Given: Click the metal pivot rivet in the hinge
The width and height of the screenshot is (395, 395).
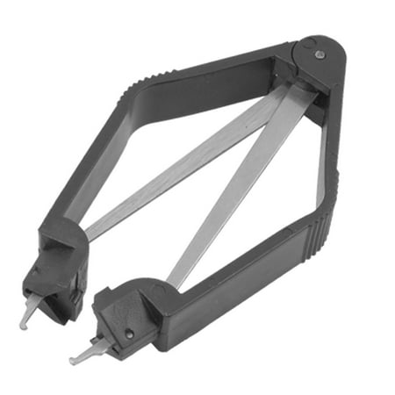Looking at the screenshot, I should (x=320, y=55).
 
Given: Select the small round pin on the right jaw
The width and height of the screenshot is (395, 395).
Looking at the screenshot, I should (x=128, y=334).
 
